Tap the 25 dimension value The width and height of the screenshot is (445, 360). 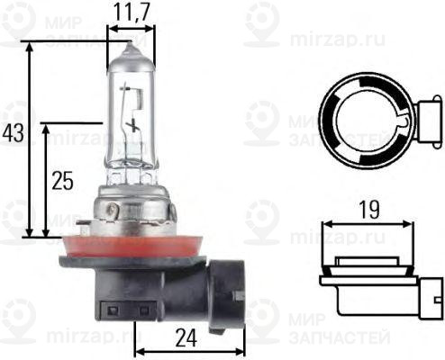click(x=61, y=180)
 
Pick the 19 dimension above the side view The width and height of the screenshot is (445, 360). click(x=368, y=210)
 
